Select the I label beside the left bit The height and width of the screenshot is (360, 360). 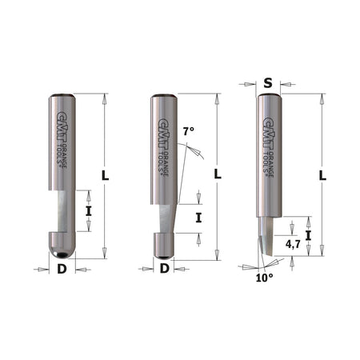(x=89, y=211)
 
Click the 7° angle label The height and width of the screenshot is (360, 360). (x=188, y=130)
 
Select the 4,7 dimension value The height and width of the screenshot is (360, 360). (x=292, y=249)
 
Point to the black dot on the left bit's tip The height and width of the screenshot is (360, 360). (x=62, y=252)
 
